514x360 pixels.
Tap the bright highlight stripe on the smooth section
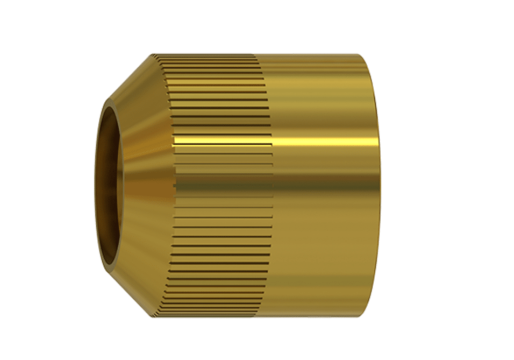323,142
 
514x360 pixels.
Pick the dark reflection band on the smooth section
323,183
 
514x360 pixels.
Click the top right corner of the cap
370,55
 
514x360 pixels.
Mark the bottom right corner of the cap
370,315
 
